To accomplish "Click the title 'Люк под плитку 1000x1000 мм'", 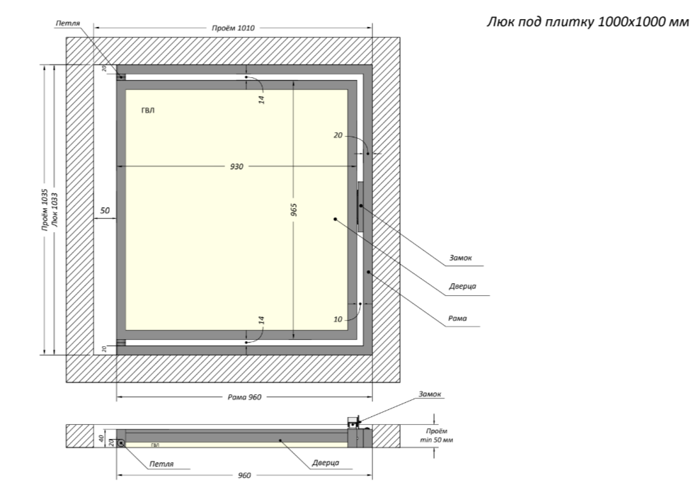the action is coord(588,21).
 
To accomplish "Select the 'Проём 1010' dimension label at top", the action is coord(233,28).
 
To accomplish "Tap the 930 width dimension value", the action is coord(236,167).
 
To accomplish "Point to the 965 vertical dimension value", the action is coord(293,210).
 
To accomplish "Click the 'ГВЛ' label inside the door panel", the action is coord(148,110).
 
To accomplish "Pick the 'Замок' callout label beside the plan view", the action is coord(461,259).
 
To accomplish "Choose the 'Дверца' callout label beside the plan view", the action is coord(462,287).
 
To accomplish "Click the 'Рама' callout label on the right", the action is coord(457,319).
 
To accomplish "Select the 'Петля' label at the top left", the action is coord(68,23).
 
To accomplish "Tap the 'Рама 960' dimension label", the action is coord(244,397).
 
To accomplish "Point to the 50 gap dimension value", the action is coord(105,211).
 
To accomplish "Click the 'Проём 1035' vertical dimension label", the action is coord(45,210).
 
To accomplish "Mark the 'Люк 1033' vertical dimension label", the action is coord(55,210).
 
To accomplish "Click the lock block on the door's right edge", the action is coord(360,206).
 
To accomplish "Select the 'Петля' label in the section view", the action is coord(161,464).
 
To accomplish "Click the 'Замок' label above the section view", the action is coord(430,394).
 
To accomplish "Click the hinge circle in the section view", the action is coord(122,442).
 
